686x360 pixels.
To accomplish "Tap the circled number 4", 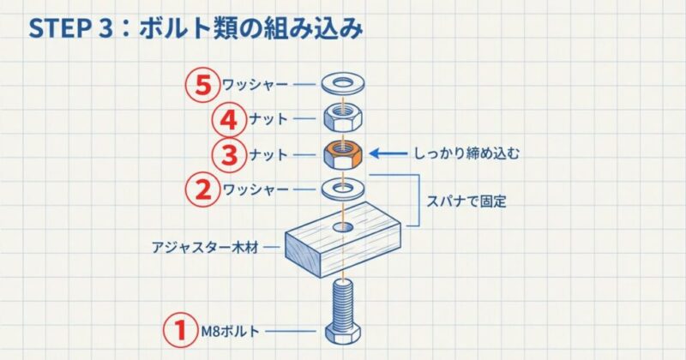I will coord(202,118).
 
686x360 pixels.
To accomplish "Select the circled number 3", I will coord(202,154).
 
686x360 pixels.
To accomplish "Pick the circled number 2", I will coord(202,189).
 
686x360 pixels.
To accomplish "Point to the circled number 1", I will coord(179,330).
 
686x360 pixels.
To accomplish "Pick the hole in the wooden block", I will coord(343,227).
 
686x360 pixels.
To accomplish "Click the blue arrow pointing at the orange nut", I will coord(390,155).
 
